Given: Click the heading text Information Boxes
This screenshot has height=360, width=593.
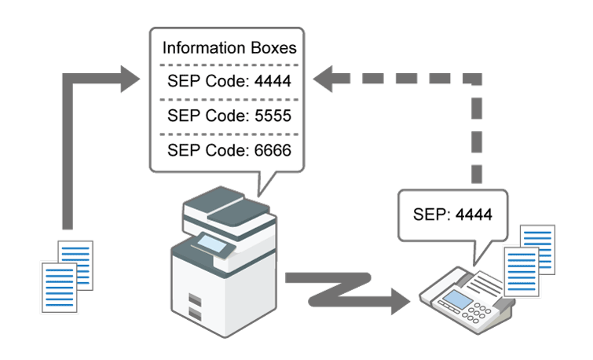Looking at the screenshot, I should tap(229, 48).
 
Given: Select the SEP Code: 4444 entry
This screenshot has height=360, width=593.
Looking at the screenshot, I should tap(229, 79).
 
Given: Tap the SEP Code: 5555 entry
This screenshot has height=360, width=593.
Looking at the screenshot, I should tap(229, 115).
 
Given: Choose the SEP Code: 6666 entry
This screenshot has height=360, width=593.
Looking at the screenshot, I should tap(229, 149).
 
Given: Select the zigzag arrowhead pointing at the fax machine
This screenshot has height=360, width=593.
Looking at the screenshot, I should tap(397, 302).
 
